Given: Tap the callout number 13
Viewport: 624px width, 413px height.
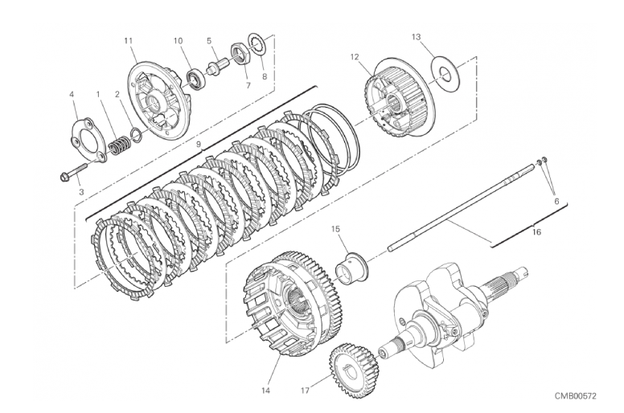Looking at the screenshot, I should click(x=416, y=37).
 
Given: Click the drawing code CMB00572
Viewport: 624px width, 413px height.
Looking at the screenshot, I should click(x=575, y=396).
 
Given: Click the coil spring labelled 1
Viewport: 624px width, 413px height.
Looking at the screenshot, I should click(x=120, y=146).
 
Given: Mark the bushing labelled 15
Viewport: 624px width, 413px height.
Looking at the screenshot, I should click(x=351, y=267).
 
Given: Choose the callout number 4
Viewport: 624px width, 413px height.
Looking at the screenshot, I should click(x=72, y=93).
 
